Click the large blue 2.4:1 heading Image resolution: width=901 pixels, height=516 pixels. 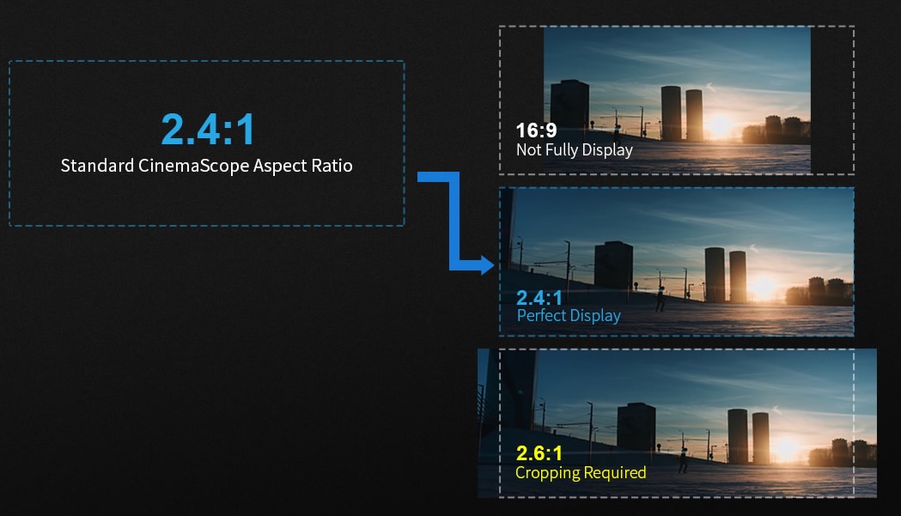(x=208, y=129)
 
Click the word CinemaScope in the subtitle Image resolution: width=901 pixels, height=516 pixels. (x=193, y=166)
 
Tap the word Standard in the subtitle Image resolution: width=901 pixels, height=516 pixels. (x=97, y=166)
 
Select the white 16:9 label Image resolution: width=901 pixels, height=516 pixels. (x=536, y=131)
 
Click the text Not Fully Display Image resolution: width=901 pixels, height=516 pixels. (x=574, y=150)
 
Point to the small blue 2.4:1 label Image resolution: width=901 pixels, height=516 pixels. (x=539, y=298)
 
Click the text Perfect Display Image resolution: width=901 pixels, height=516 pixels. (x=569, y=315)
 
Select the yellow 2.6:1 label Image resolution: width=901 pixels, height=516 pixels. (x=539, y=453)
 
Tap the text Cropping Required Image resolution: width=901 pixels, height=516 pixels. (x=581, y=473)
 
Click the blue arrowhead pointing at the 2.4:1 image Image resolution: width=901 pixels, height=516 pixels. (x=486, y=265)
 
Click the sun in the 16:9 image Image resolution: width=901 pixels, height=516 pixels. (x=720, y=125)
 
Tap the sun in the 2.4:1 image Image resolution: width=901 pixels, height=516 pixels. (x=764, y=286)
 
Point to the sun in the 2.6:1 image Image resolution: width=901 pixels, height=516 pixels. (x=786, y=446)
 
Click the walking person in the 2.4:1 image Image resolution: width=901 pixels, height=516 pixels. (x=661, y=299)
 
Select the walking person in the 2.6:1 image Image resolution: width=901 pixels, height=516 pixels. (x=683, y=460)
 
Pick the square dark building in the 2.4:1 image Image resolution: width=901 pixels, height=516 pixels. (x=613, y=265)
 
